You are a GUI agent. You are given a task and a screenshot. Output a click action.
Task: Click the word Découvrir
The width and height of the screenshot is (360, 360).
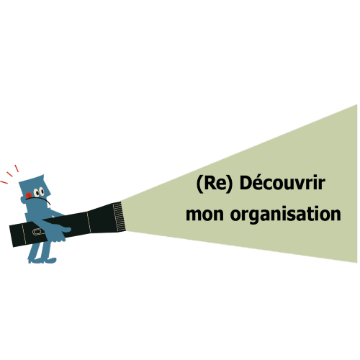[x=282, y=183]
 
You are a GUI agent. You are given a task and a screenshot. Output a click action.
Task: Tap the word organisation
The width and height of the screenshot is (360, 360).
[x=286, y=215]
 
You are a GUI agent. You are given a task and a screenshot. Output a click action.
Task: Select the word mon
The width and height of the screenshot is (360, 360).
[x=204, y=215]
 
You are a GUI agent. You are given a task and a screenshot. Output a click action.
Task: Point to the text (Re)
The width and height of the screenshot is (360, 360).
[x=215, y=184]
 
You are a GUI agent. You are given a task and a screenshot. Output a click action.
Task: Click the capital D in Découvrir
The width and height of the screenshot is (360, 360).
[x=246, y=183]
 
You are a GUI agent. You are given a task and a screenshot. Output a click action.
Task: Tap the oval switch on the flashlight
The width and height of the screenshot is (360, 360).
[x=37, y=232]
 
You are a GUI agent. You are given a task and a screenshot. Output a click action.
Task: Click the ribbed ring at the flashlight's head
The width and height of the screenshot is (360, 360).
[x=119, y=217]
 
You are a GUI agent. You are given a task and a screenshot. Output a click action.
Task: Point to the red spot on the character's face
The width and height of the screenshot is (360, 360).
[x=29, y=195]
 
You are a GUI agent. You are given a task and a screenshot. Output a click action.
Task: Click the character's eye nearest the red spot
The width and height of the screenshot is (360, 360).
[x=37, y=192]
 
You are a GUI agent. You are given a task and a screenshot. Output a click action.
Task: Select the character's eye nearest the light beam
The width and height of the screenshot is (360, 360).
[x=42, y=192]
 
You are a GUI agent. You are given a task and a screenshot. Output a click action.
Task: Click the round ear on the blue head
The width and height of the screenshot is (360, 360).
[x=23, y=200]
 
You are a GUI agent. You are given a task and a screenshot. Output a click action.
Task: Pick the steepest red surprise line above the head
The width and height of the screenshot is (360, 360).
[x=17, y=168]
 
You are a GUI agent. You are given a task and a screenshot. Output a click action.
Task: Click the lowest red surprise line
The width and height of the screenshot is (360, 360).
[x=4, y=182]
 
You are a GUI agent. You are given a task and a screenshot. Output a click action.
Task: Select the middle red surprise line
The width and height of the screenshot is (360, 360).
[x=9, y=174]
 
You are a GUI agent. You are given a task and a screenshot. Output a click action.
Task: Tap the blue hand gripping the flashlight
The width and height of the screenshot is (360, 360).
[x=61, y=230]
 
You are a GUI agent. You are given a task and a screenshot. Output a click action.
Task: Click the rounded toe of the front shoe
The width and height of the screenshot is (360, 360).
[x=53, y=260]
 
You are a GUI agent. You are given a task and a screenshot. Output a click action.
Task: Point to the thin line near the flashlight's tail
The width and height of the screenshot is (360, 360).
[x=24, y=233]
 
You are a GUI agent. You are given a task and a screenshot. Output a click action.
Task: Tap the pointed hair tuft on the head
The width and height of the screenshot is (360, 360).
[x=42, y=179]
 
